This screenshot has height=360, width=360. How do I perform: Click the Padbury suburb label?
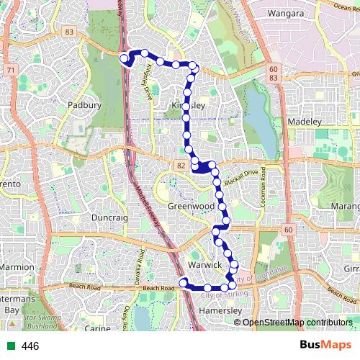click(84, 104)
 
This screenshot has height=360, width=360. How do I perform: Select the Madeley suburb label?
click(307, 122)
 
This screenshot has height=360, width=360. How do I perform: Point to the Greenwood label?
click(192, 205)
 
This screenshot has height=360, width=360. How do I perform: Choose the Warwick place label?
click(203, 265)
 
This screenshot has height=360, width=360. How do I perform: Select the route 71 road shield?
click(10, 70)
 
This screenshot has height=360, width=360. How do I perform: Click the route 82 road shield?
click(179, 166)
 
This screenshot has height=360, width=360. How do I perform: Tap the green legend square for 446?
click(9, 346)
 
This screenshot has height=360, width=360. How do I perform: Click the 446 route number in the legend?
click(30, 346)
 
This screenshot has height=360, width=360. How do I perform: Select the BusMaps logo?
click(325, 346)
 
